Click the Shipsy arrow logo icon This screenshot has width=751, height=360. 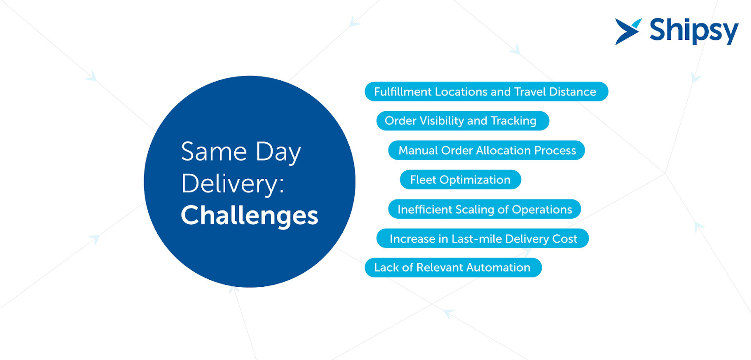628,31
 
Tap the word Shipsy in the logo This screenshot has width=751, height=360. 693,31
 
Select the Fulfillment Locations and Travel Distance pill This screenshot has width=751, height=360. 486,92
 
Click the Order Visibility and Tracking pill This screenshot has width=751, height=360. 462,121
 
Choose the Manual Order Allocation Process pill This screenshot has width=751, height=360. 486,150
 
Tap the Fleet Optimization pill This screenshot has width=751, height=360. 460,180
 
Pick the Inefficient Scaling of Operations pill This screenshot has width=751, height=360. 484,209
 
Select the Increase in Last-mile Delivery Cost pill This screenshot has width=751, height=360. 483,238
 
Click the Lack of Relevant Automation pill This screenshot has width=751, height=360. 453,268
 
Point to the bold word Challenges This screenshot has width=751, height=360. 249,215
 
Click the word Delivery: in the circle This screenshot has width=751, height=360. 233,184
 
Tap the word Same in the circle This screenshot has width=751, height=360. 214,152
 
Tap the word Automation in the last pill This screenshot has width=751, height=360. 498,268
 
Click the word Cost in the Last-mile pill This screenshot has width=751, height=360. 565,239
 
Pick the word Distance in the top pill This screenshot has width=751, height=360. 572,92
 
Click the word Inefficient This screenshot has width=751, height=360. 424,209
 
